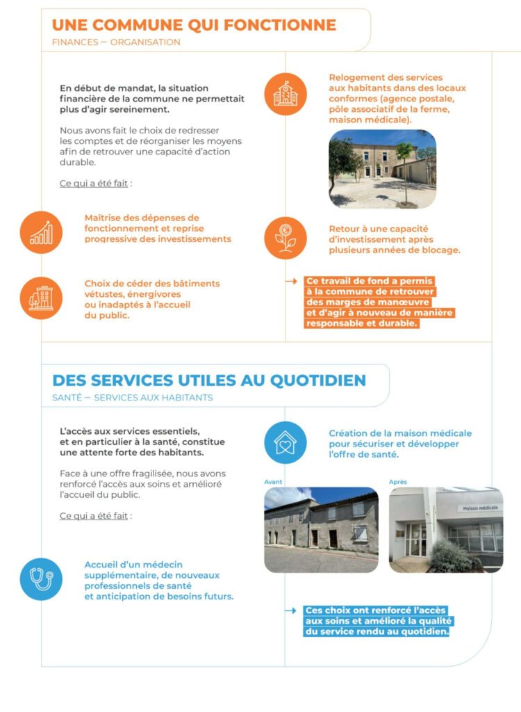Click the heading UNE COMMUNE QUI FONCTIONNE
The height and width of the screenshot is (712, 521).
194,26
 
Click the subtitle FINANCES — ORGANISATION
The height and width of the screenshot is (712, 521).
116,42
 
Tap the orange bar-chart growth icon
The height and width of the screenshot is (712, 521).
41,232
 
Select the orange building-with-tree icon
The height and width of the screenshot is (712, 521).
41,298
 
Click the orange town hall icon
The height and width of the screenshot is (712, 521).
285,94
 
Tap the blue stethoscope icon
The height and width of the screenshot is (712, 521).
41,578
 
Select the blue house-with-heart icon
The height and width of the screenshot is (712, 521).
285,442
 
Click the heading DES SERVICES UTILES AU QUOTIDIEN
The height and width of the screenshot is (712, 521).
209,380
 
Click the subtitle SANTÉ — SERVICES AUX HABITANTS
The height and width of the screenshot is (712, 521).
132,398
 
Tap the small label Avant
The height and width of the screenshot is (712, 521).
273,482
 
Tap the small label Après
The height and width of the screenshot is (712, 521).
398,482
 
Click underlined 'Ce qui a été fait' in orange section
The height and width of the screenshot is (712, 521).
95,184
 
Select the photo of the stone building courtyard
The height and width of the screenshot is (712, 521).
382,169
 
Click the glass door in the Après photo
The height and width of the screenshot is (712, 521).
417,539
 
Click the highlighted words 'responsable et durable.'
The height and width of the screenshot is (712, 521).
362,323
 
